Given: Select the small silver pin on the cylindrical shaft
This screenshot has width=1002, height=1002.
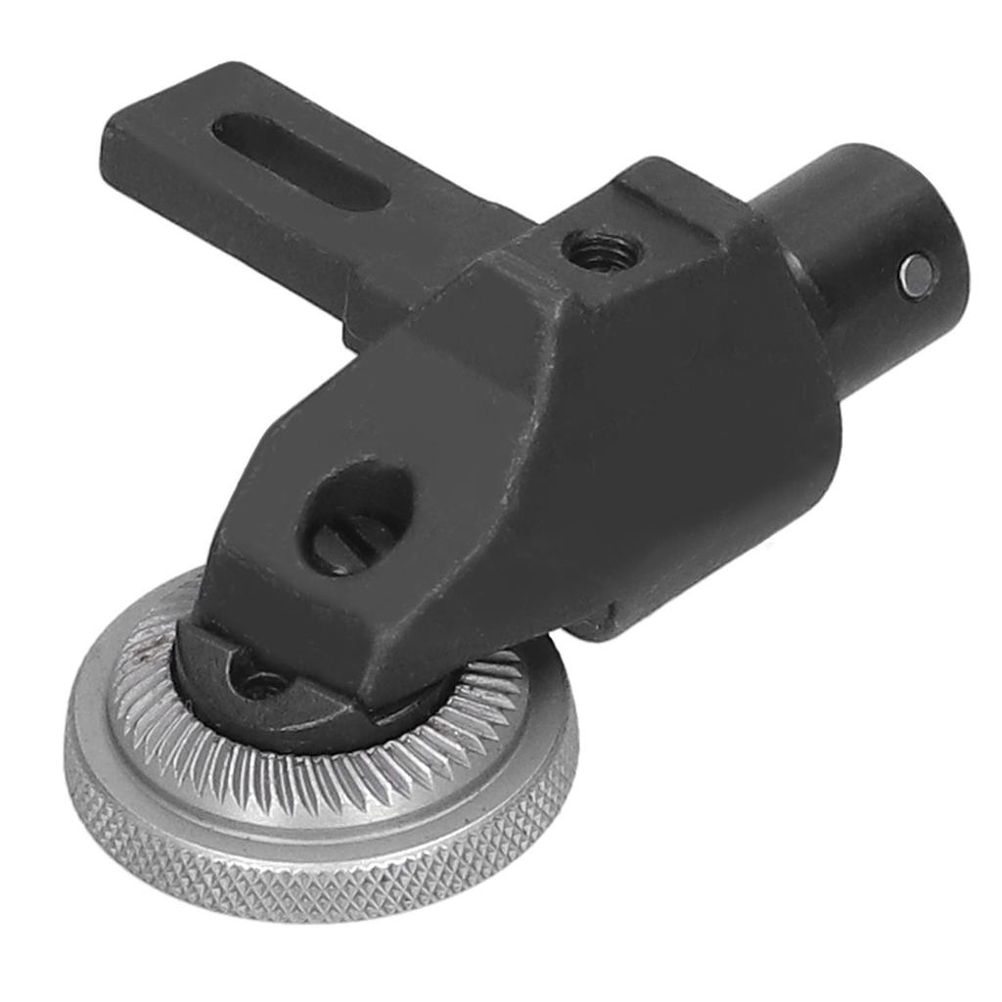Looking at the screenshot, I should tap(917, 272).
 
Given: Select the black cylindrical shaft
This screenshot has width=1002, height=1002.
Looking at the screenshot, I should tap(861, 254).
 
